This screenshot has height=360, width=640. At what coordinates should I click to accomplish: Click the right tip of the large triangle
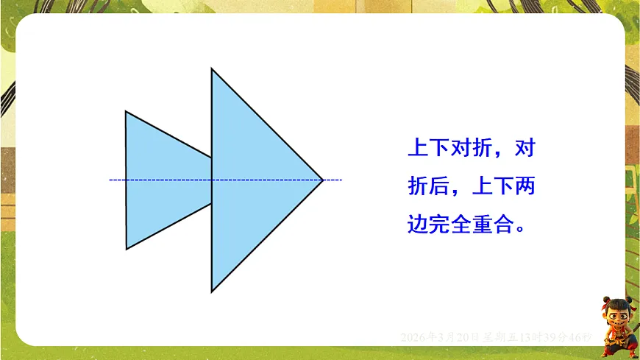tap(323, 179)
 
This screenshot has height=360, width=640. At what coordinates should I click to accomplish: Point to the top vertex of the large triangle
tap(212, 69)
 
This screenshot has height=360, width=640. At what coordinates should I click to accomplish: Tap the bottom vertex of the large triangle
tap(212, 292)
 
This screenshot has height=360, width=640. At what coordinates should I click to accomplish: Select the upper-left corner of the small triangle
tap(126, 112)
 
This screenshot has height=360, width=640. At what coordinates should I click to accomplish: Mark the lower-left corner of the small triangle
tap(127, 249)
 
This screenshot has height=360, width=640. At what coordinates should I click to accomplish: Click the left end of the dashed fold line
tap(110, 179)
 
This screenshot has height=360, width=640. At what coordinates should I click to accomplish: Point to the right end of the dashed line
tap(341, 179)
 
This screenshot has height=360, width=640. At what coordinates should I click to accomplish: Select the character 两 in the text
tap(525, 186)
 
